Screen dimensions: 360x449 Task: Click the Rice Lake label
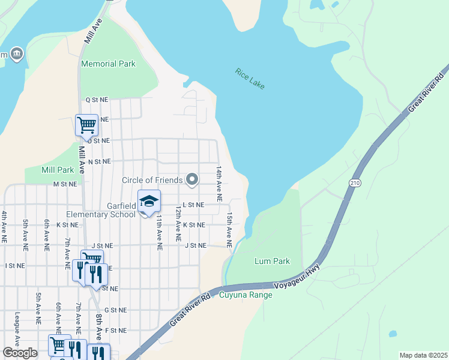click(x=250, y=79)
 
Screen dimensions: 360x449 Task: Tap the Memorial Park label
click(x=109, y=64)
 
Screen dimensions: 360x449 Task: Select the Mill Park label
click(x=58, y=170)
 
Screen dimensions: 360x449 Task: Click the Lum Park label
click(x=272, y=261)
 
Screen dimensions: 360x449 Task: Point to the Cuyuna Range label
click(x=246, y=295)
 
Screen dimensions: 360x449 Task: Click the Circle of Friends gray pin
click(x=192, y=179)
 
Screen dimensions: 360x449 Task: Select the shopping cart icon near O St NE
click(x=86, y=125)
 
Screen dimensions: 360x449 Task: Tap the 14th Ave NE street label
click(x=220, y=184)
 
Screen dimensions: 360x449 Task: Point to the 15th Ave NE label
click(x=229, y=230)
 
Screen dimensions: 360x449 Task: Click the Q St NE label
click(x=96, y=100)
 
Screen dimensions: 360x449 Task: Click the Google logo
click(x=20, y=353)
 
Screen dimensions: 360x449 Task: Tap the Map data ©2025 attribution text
click(x=423, y=355)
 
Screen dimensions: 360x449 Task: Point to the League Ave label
click(x=17, y=330)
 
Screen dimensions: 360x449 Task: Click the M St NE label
click(x=64, y=184)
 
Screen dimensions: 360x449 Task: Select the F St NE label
click(x=116, y=331)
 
